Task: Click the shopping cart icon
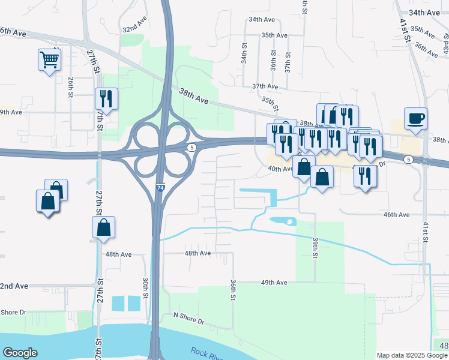click(49, 59)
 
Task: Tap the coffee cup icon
click(415, 118)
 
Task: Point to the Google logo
click(20, 353)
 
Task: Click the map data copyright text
click(412, 355)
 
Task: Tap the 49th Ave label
click(274, 283)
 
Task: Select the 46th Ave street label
click(396, 214)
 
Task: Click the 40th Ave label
click(280, 169)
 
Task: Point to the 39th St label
click(315, 245)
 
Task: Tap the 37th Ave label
click(264, 86)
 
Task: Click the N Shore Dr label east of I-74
click(188, 318)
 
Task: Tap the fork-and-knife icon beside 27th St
click(106, 99)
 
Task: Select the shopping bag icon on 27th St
click(103, 227)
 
